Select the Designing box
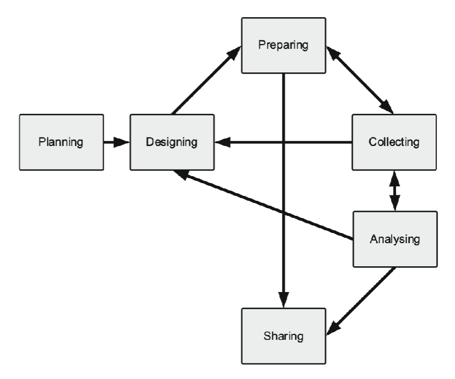172,142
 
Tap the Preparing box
283,45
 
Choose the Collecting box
394,142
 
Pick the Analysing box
394,239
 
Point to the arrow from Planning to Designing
116,142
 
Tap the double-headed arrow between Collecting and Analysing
395,191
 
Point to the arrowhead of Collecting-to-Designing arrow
222,142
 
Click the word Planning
60,142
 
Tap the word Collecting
394,142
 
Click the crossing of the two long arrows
283,142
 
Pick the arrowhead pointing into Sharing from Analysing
334,328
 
